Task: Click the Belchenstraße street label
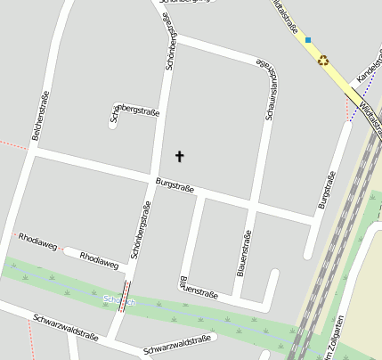coord(38,117)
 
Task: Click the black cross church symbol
coord(179,157)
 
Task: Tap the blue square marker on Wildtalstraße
coord(308,39)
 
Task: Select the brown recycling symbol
coord(323,61)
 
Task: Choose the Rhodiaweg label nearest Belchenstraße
coord(37,241)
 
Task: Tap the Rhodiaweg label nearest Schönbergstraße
coord(99,261)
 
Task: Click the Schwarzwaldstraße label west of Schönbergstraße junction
coord(65,328)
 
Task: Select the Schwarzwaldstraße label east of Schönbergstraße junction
coord(178,345)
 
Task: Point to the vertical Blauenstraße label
coord(247,252)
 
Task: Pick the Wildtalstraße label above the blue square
coord(286,15)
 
